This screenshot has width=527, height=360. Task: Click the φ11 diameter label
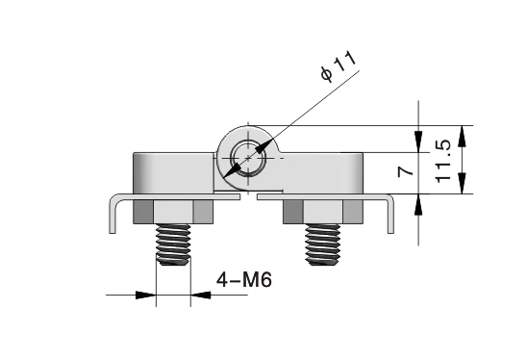tap(338, 66)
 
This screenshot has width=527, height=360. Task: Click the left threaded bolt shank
tap(173, 244)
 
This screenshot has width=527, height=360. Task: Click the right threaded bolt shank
tap(322, 244)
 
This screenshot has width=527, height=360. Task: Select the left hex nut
tap(173, 212)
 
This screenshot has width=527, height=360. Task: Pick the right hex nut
tap(322, 212)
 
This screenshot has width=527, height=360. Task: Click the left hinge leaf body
tap(173, 171)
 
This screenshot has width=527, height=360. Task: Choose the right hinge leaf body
tap(322, 171)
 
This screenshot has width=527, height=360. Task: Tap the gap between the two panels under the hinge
tap(247, 197)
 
